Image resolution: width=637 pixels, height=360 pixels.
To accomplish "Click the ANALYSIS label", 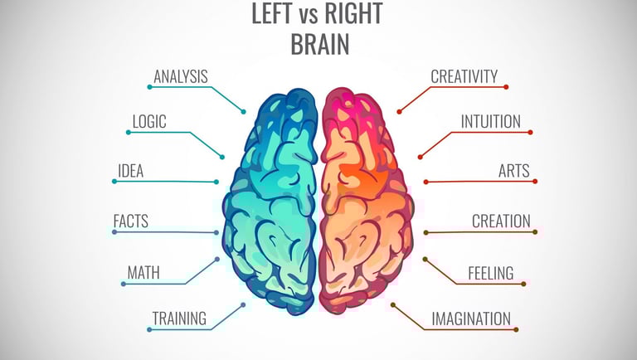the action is [x=180, y=77].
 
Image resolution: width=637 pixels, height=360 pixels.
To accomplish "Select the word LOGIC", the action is [x=149, y=122].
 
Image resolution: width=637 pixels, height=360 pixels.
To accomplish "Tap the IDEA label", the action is [x=130, y=172].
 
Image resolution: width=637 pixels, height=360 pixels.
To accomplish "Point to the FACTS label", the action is [x=130, y=221].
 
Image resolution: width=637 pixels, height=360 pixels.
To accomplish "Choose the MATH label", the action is [x=143, y=272].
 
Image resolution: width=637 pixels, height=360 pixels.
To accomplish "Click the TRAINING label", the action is [x=179, y=317].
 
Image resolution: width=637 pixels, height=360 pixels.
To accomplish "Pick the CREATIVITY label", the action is [x=464, y=77].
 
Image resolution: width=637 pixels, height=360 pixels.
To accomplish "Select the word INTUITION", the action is [x=491, y=122].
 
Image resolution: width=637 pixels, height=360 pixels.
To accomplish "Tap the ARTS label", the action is [x=513, y=172].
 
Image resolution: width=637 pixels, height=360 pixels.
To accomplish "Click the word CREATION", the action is [x=501, y=221].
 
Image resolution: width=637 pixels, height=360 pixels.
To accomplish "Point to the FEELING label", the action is [x=490, y=272].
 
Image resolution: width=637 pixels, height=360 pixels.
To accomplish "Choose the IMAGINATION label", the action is [x=471, y=317].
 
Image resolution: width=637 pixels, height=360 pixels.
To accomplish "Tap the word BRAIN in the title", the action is [x=318, y=44].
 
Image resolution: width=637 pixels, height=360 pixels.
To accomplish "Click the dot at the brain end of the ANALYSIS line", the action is [x=244, y=111].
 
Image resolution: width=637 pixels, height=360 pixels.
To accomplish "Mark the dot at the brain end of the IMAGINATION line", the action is [x=393, y=304].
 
